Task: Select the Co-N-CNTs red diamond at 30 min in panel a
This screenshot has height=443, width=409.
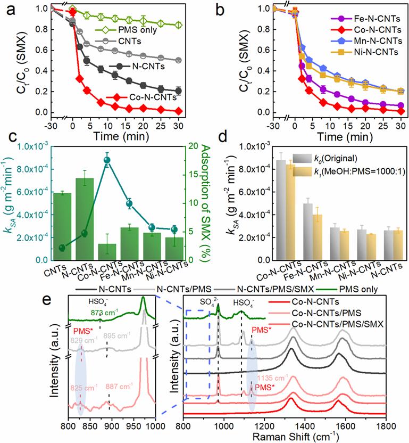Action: [179, 110]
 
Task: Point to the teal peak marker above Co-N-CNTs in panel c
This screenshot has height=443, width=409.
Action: [107, 160]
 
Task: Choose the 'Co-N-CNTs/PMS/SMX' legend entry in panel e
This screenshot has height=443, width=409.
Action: [349, 324]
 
